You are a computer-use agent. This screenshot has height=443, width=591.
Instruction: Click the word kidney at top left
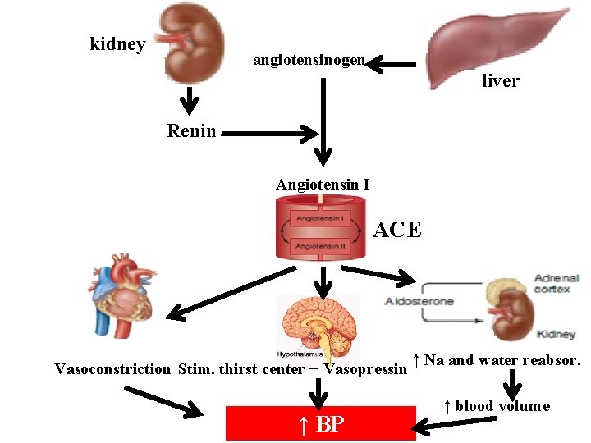117,44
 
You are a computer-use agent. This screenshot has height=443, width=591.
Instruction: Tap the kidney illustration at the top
193,41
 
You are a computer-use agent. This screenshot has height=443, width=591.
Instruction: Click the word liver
500,81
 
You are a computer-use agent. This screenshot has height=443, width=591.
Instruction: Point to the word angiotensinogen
309,61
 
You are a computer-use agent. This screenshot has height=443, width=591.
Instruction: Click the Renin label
191,130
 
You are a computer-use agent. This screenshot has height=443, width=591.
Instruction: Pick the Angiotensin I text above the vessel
323,185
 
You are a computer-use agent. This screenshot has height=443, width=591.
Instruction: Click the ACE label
397,231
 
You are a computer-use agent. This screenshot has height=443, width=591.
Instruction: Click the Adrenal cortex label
556,283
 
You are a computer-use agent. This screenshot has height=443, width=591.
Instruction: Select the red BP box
321,423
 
